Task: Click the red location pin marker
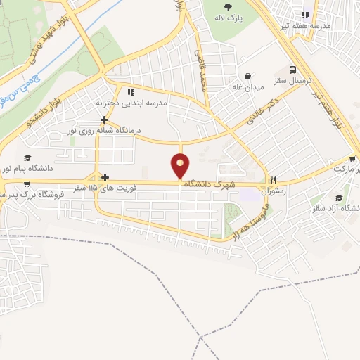[181, 166]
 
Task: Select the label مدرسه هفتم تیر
[305, 26]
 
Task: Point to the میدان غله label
[248, 88]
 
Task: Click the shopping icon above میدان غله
[248, 77]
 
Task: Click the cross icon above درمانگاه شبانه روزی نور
[104, 120]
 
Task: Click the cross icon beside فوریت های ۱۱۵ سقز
[105, 177]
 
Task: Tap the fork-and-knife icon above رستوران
[274, 179]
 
